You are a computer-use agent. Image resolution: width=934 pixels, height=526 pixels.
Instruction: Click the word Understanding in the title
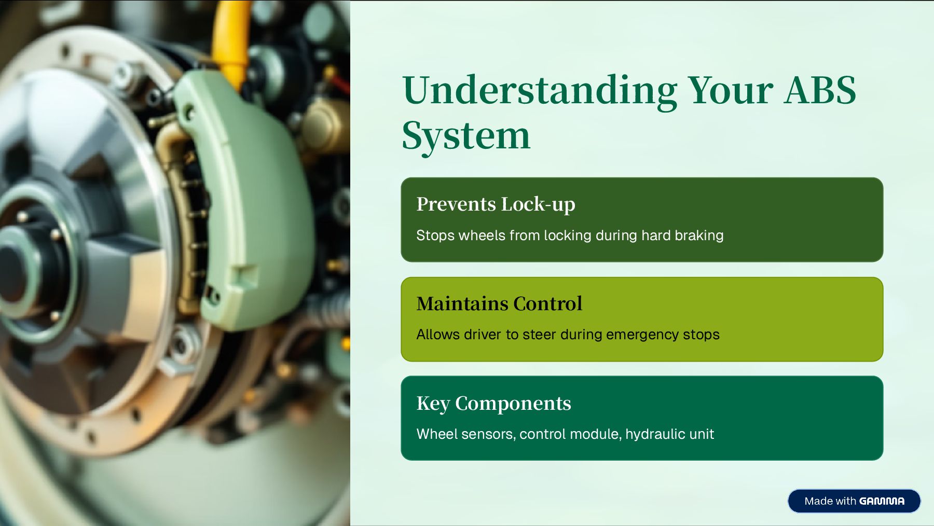(x=540, y=91)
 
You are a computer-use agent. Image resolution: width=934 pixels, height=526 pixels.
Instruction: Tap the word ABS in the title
(x=820, y=91)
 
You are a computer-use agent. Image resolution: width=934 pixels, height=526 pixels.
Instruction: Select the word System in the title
(x=466, y=136)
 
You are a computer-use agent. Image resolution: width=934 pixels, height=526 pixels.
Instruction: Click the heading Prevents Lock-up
(x=496, y=204)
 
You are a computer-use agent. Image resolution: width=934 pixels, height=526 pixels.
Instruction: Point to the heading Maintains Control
(x=499, y=304)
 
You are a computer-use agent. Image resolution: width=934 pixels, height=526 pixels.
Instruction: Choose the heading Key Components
(x=493, y=404)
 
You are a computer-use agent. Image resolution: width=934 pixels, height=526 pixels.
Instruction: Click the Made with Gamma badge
(x=854, y=501)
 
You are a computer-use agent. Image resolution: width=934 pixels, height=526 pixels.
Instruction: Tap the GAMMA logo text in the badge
(x=882, y=501)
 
